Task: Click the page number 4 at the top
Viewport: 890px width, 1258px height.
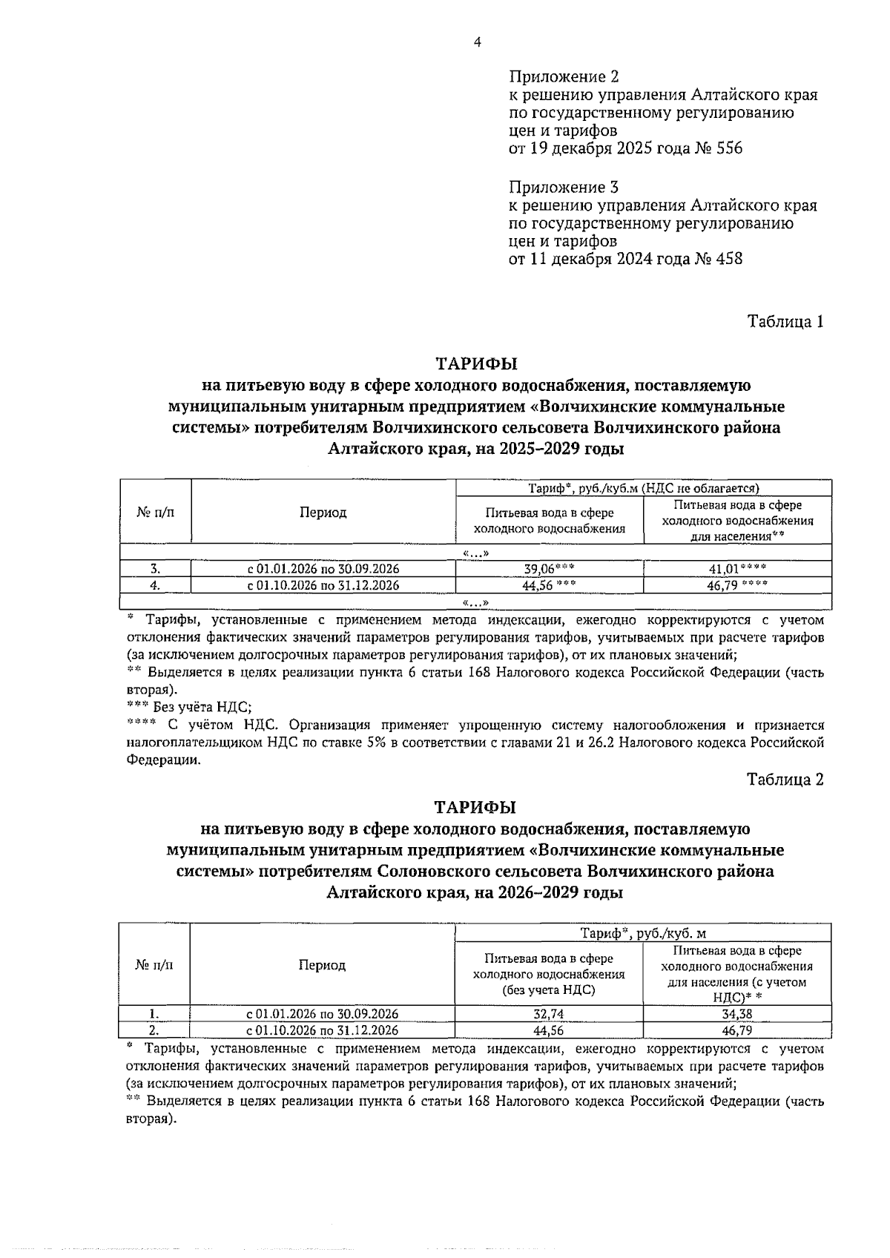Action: point(478,43)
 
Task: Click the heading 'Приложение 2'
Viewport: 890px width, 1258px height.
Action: point(564,77)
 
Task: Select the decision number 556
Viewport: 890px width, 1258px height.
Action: point(727,148)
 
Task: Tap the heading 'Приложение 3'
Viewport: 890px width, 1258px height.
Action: point(564,187)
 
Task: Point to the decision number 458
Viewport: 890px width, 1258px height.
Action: point(727,259)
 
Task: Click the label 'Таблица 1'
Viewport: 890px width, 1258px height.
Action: point(785,322)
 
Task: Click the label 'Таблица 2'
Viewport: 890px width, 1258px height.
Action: point(785,780)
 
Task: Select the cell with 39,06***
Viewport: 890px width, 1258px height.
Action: point(549,569)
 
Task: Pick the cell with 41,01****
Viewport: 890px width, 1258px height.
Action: point(737,569)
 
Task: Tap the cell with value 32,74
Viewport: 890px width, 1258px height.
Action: point(549,1014)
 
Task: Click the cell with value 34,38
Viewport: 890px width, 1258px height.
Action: point(737,1014)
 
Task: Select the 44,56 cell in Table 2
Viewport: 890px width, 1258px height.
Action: point(549,1030)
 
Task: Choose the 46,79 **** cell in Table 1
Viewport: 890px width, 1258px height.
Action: point(737,585)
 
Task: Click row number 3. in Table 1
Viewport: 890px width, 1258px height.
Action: point(156,569)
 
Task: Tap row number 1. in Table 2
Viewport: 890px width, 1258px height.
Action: point(154,1014)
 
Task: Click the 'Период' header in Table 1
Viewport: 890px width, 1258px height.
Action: point(323,513)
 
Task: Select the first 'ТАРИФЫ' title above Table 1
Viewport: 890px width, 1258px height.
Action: point(475,364)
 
